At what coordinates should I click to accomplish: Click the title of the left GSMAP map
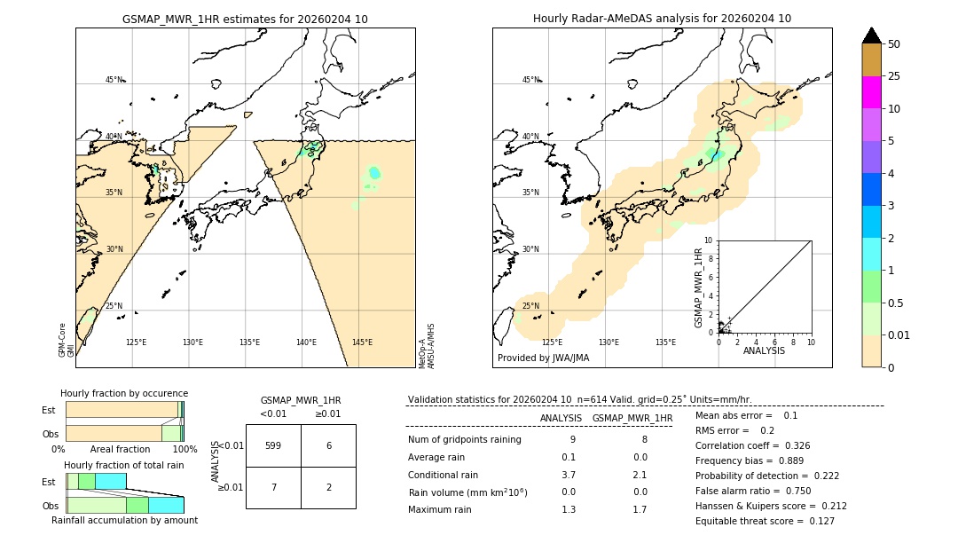click(x=245, y=19)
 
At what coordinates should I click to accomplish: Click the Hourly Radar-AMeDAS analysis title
click(x=662, y=19)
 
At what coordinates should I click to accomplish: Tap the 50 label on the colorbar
click(x=894, y=44)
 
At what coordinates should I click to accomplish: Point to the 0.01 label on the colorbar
click(x=899, y=334)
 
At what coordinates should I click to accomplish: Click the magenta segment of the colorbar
click(x=871, y=92)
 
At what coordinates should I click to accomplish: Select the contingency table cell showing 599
click(x=273, y=445)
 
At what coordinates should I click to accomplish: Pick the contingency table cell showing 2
click(x=328, y=487)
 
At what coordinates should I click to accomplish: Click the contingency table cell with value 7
click(x=273, y=487)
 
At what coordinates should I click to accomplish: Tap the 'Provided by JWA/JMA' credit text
click(x=543, y=358)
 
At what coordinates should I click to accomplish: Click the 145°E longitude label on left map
click(x=362, y=342)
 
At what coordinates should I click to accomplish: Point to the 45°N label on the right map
click(x=530, y=80)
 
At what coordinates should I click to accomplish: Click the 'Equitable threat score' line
click(x=765, y=521)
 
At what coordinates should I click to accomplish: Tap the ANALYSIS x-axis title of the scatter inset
click(x=764, y=350)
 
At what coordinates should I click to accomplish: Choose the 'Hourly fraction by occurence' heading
click(x=124, y=393)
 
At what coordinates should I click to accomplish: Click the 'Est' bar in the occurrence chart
click(x=122, y=409)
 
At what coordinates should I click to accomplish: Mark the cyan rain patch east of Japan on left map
click(x=374, y=172)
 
